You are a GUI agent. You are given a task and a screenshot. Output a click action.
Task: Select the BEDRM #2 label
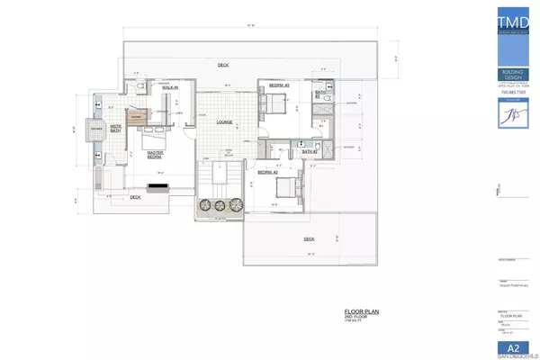(x=266, y=171)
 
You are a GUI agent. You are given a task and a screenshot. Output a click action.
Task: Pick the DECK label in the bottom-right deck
(x=309, y=238)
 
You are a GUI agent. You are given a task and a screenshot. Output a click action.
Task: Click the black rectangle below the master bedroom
(x=159, y=188)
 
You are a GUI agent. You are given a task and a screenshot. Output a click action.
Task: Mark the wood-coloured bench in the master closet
(x=137, y=117)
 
